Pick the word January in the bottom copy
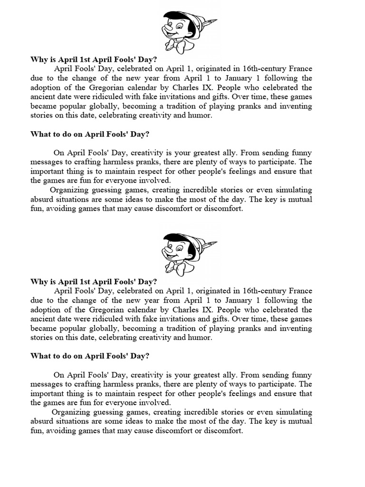pyautogui.click(x=241, y=300)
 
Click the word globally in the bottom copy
pyautogui.click(x=113, y=328)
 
